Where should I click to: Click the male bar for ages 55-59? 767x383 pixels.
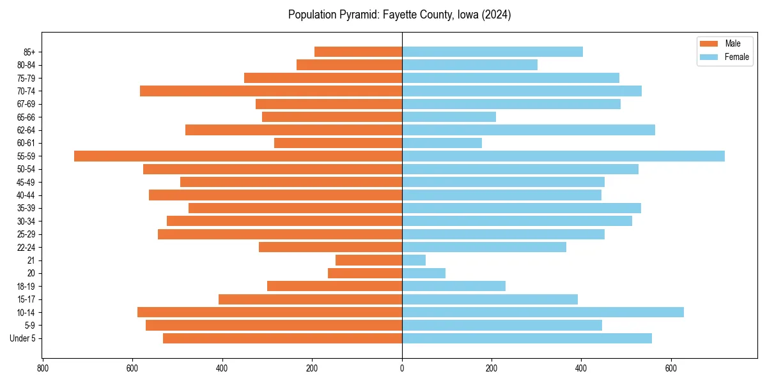(x=238, y=156)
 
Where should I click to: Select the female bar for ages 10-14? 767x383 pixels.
(x=543, y=312)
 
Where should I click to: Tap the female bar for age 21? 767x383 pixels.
(x=414, y=260)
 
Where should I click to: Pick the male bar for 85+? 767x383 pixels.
(x=358, y=52)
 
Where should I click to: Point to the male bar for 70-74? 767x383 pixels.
(x=271, y=91)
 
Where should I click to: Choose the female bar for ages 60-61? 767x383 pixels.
(x=442, y=143)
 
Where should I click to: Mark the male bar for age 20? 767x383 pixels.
(x=365, y=273)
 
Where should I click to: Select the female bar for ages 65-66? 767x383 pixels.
(x=449, y=117)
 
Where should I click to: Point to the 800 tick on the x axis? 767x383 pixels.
(x=43, y=368)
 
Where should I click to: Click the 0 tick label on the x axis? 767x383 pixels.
(x=402, y=368)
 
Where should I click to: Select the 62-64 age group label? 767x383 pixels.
(x=26, y=130)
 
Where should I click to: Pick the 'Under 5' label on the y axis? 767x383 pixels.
(x=22, y=338)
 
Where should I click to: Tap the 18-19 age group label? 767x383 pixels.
(x=26, y=287)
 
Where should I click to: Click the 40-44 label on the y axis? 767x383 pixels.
(x=26, y=195)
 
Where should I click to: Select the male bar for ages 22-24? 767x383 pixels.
(x=330, y=247)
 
